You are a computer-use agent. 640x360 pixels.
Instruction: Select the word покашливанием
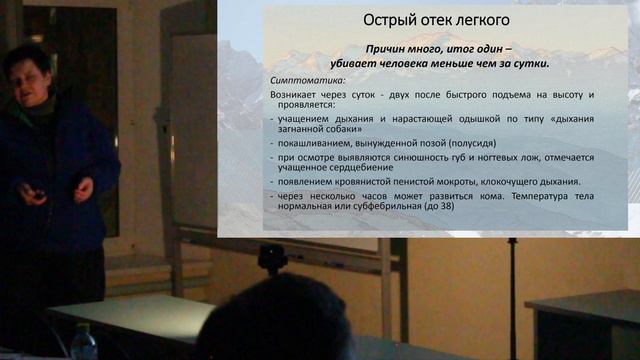(x=316, y=144)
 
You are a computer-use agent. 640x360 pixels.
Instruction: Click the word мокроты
(x=461, y=182)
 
